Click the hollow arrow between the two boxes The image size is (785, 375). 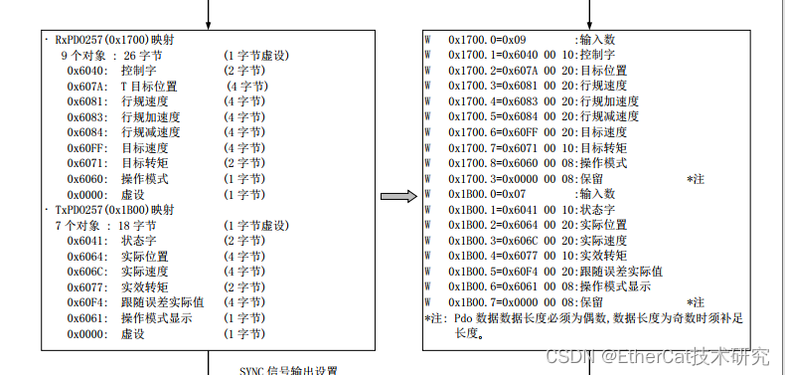click(x=395, y=196)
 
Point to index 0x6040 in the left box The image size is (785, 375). click(x=87, y=72)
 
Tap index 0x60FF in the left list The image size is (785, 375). click(x=87, y=148)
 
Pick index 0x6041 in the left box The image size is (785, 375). click(x=87, y=241)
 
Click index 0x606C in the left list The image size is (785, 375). click(x=87, y=272)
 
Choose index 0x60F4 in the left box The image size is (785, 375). click(x=87, y=302)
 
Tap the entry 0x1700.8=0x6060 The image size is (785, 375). click(x=494, y=163)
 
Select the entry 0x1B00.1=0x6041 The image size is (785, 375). click(x=494, y=210)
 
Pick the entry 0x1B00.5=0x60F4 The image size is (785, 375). click(x=494, y=271)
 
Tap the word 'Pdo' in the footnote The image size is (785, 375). click(x=464, y=318)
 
